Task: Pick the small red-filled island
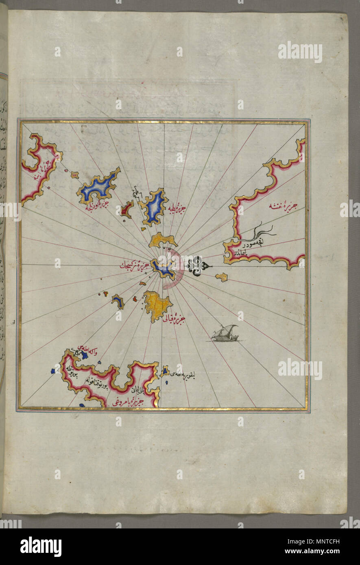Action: (x=127, y=209)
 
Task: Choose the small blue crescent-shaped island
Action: (x=118, y=301)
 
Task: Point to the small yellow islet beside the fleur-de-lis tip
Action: (x=221, y=277)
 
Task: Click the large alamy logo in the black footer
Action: (x=41, y=546)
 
